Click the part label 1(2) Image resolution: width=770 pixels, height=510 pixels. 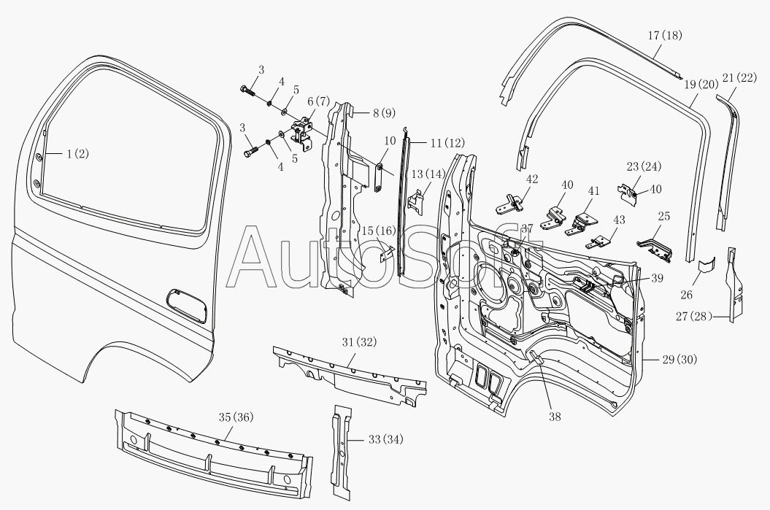[x=77, y=154]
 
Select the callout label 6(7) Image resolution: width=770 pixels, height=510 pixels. [x=319, y=101]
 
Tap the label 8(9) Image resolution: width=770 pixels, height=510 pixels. [x=383, y=113]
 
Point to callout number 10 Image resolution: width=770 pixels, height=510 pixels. [x=390, y=141]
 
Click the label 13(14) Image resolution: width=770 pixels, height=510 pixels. [x=428, y=174]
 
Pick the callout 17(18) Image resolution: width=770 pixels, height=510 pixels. [x=665, y=35]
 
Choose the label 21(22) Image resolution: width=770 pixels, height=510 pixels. [x=739, y=77]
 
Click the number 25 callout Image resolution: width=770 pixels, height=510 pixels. [x=664, y=216]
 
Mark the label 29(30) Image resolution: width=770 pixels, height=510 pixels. [x=679, y=360]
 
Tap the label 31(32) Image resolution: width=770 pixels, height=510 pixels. [x=360, y=341]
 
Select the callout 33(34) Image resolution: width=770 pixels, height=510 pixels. [x=385, y=439]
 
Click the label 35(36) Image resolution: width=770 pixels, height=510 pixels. [x=236, y=417]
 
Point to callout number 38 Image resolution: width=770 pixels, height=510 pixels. [x=555, y=417]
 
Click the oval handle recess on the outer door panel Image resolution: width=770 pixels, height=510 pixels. [x=187, y=305]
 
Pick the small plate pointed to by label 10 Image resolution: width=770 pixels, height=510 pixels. [x=380, y=177]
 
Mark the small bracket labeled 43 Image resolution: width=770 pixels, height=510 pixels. [x=600, y=242]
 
